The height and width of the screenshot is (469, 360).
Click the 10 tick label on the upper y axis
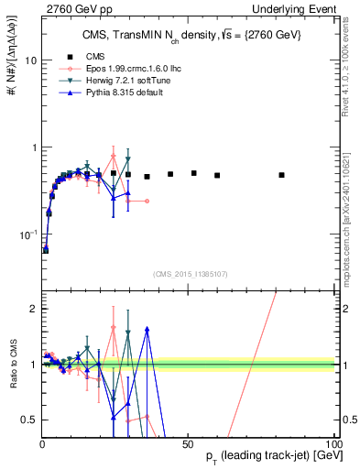point(29,60)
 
